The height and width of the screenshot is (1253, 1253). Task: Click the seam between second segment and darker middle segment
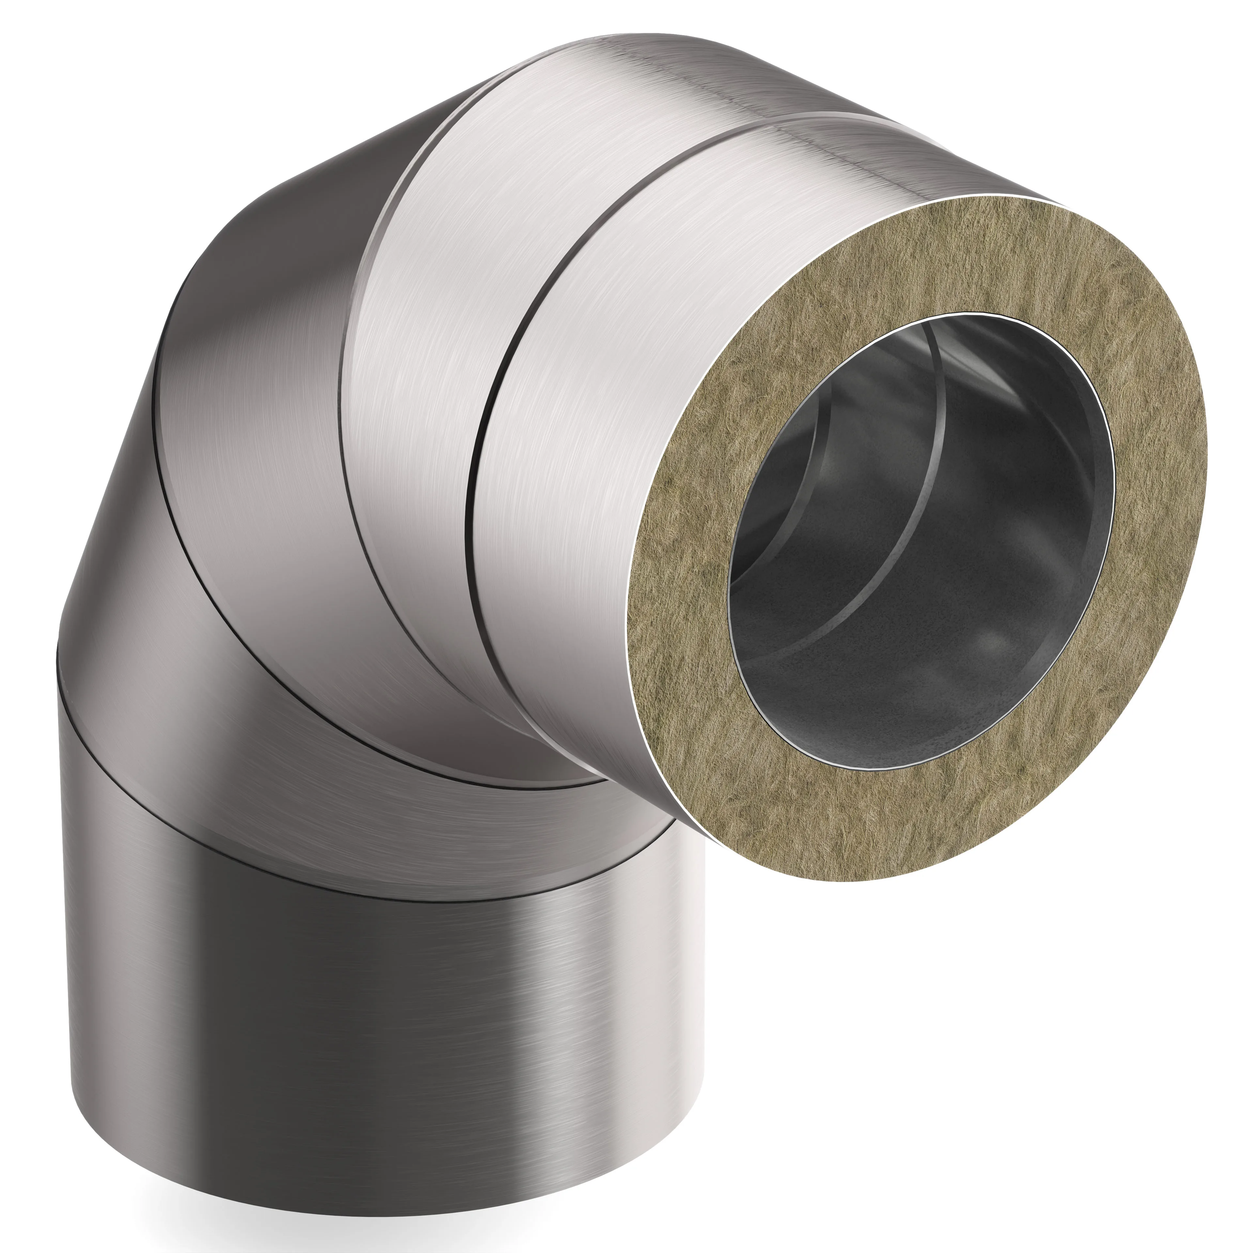point(353,363)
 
